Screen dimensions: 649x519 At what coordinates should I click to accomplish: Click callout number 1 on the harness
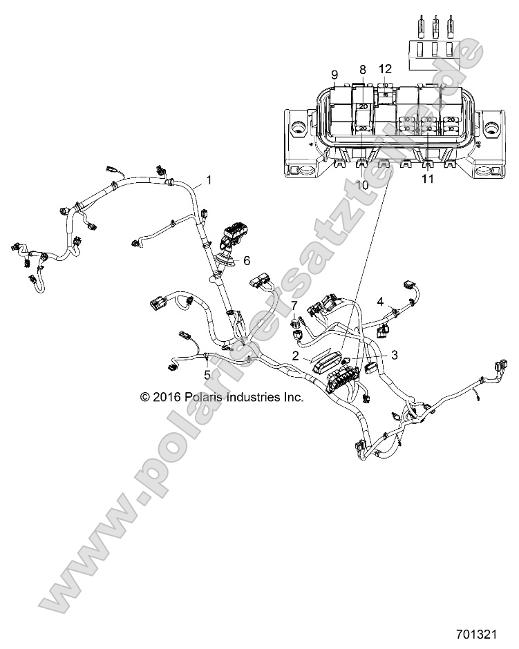(x=209, y=181)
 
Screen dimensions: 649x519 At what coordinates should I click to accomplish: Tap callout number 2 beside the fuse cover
(x=296, y=356)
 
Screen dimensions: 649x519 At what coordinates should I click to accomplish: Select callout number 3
(x=394, y=355)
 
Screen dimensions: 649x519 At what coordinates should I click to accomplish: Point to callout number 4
(x=399, y=301)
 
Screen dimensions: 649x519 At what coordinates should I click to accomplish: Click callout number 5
(x=207, y=375)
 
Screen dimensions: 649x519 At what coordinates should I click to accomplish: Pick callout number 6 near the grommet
(x=247, y=260)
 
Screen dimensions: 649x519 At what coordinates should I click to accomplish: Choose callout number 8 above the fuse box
(x=361, y=69)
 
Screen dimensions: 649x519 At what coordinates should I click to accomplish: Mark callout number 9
(x=334, y=74)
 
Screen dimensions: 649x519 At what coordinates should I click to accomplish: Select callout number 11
(x=427, y=180)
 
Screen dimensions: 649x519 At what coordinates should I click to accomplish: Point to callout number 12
(x=385, y=68)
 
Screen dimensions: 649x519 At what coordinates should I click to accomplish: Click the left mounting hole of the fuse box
(x=299, y=128)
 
